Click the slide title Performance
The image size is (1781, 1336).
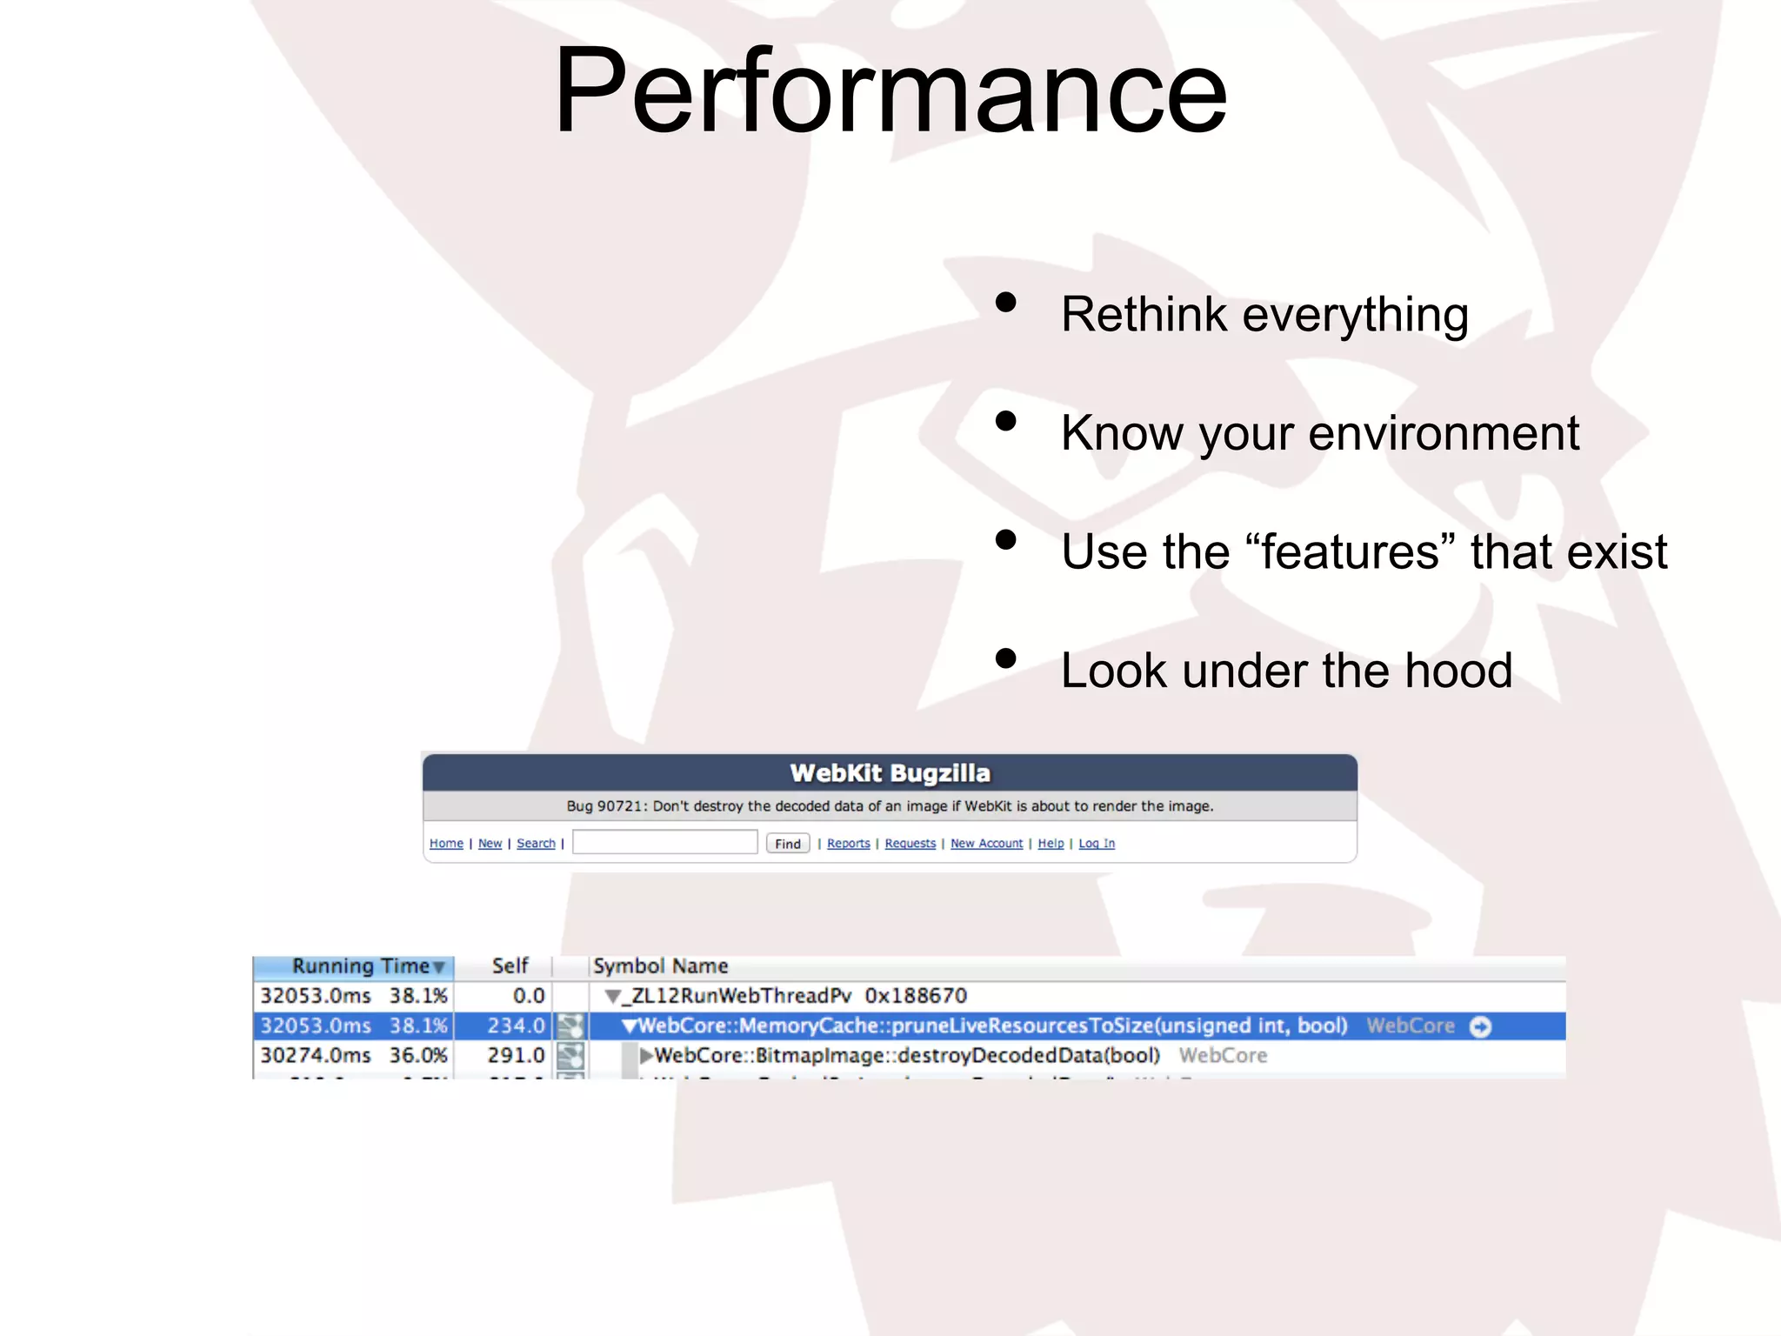pyautogui.click(x=890, y=91)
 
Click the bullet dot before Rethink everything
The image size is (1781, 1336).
pyautogui.click(x=1006, y=303)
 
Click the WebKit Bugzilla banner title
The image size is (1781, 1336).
pyautogui.click(x=890, y=772)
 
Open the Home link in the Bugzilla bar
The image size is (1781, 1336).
pyautogui.click(x=446, y=844)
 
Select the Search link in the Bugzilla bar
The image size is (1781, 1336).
pyautogui.click(x=536, y=844)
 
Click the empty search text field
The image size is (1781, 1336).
pyautogui.click(x=664, y=843)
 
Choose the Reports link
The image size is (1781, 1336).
pyautogui.click(x=848, y=844)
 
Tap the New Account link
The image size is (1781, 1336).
pyautogui.click(x=986, y=844)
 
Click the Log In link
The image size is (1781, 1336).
pyautogui.click(x=1097, y=844)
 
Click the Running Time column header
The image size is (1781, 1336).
pyautogui.click(x=361, y=966)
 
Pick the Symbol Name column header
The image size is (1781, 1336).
pyautogui.click(x=660, y=966)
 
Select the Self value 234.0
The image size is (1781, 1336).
pyautogui.click(x=516, y=1026)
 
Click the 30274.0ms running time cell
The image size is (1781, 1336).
pyautogui.click(x=316, y=1056)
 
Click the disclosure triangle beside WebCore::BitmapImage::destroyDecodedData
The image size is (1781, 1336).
pyautogui.click(x=646, y=1056)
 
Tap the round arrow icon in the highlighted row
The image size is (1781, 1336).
pyautogui.click(x=1480, y=1027)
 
